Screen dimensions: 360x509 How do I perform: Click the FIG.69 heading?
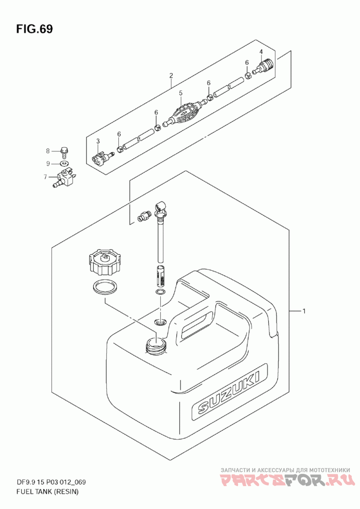[35, 29]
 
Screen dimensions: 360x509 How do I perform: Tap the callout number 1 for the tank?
[304, 311]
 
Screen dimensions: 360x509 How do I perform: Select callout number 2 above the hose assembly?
[171, 76]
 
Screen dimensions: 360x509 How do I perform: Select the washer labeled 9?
[65, 163]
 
